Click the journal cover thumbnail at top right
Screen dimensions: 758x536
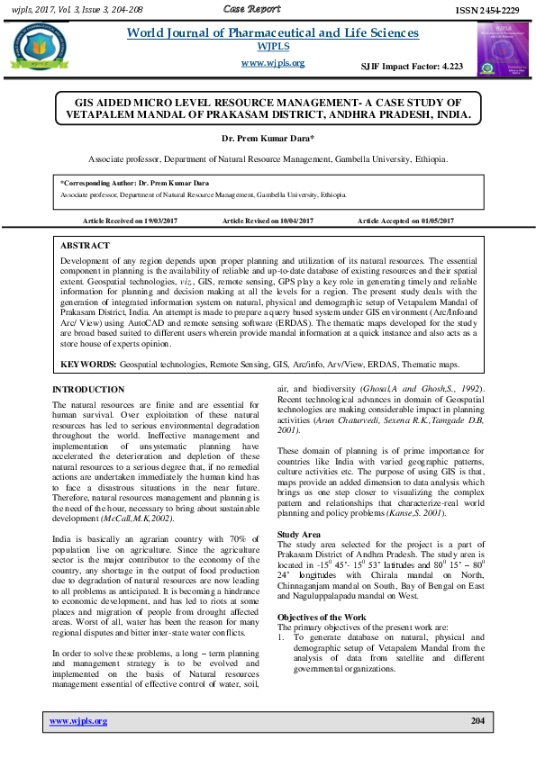point(499,50)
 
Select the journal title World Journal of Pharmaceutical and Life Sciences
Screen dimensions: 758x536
point(273,33)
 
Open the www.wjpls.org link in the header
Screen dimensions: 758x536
point(273,63)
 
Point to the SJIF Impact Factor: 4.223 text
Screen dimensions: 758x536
point(412,67)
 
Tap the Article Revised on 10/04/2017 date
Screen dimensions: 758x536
point(267,221)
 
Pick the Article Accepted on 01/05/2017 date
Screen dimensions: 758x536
point(405,221)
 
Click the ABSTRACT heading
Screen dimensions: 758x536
point(85,245)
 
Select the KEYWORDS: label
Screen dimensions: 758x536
point(88,365)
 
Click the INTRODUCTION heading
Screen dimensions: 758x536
point(88,389)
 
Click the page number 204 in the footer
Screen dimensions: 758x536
point(477,722)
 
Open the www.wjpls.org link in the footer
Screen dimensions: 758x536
point(77,722)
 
